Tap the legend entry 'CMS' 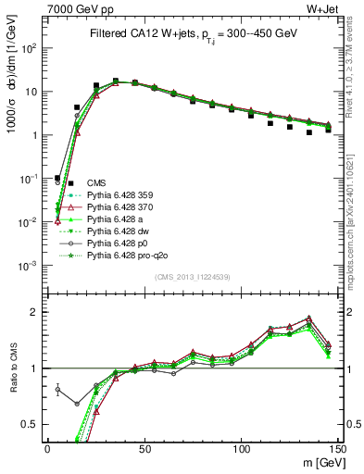click(x=95, y=184)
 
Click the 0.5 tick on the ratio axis click(x=31, y=424)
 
